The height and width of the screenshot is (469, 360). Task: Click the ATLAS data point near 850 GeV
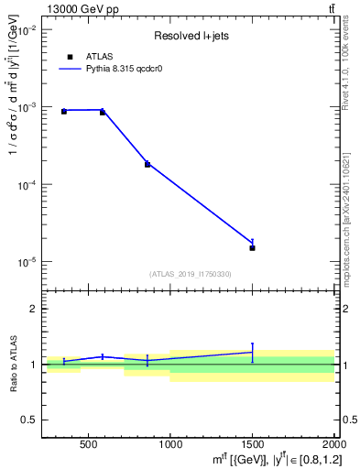147,164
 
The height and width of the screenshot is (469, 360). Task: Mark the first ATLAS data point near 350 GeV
64,111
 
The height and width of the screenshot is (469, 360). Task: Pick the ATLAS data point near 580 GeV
103,112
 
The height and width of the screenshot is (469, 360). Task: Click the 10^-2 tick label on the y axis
26,30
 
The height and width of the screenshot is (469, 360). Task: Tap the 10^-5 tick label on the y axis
26,262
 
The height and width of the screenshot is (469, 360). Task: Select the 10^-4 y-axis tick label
26,185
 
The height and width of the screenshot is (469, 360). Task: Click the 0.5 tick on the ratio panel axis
29,420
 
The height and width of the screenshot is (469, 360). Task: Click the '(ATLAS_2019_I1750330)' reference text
191,274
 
